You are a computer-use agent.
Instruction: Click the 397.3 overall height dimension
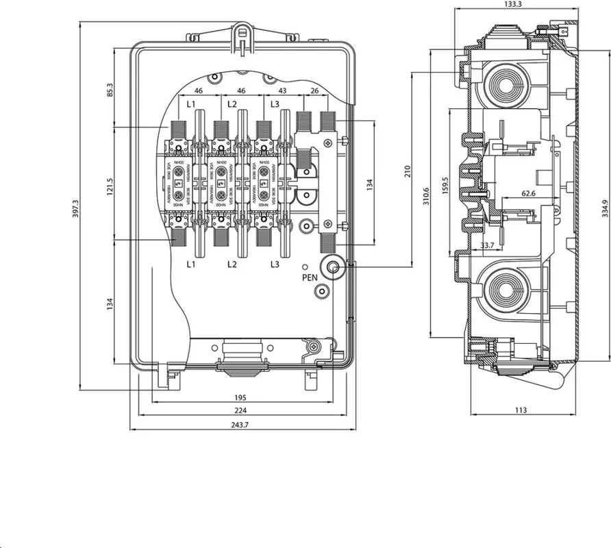pos(76,210)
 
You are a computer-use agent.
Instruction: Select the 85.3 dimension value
pos(110,90)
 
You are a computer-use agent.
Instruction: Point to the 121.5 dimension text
pos(110,185)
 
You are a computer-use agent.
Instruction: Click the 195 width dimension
pos(240,398)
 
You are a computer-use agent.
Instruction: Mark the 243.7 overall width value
pos(240,425)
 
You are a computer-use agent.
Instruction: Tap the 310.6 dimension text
pos(427,197)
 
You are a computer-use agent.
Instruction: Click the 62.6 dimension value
pos(528,194)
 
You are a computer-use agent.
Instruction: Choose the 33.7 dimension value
pos(488,245)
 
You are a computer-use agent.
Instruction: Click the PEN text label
pos(310,277)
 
